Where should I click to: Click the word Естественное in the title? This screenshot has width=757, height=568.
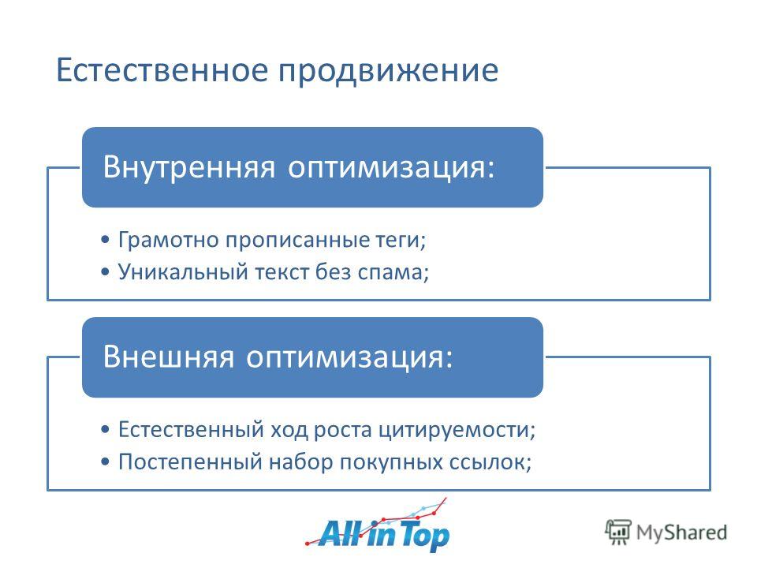tap(162, 70)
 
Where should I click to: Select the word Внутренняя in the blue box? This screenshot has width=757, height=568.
tap(189, 166)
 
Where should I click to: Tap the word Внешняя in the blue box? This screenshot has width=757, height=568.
tap(169, 357)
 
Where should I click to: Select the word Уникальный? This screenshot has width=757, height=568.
tap(183, 272)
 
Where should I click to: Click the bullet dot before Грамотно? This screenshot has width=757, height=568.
tap(105, 240)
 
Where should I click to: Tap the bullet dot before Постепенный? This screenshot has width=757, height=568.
tap(105, 461)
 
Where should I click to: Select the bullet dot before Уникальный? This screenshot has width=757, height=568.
tap(105, 272)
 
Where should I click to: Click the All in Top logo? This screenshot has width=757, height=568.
tap(378, 525)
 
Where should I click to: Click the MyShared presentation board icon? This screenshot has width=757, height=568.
tap(618, 532)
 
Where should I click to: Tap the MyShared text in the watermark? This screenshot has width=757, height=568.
tap(681, 532)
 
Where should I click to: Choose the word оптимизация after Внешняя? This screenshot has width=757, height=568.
tap(345, 357)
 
